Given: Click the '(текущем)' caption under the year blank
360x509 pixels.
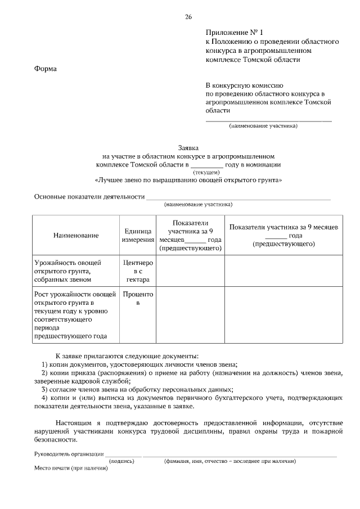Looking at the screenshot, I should pos(206,173).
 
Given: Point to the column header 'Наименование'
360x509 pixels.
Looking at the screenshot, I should pos(76,235).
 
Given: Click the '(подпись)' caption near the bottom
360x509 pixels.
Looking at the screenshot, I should pos(122,461).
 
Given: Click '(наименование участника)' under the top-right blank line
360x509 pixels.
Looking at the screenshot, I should pos(263,126).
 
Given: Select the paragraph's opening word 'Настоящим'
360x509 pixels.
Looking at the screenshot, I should pos(73,422).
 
